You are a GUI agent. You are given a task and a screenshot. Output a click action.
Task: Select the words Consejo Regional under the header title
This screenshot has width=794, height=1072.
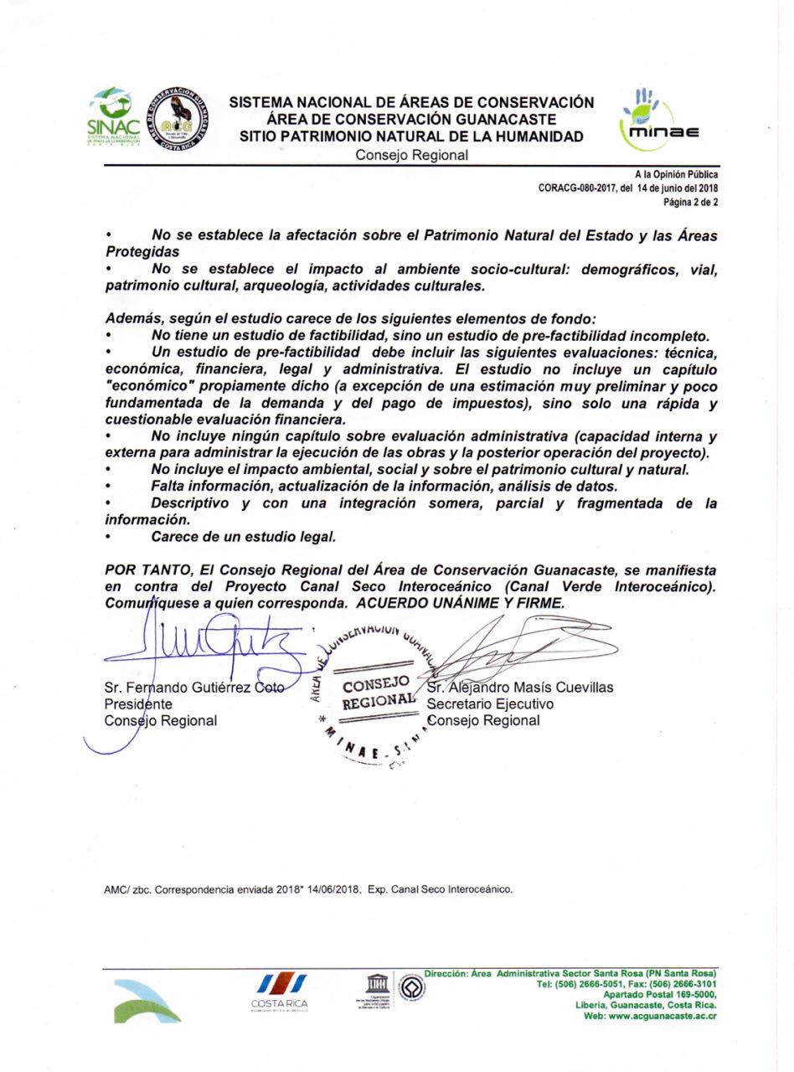(411, 156)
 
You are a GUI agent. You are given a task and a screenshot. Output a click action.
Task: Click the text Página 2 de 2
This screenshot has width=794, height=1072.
(690, 202)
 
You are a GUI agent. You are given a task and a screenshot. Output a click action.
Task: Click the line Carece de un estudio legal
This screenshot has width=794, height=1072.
(244, 536)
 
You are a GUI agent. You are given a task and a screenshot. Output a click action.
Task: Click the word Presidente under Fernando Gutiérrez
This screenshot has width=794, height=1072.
(139, 704)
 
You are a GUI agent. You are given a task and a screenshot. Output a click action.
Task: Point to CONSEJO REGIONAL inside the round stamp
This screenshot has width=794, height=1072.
(379, 693)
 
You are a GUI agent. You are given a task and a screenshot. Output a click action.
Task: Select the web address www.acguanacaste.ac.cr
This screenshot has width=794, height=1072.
(664, 1016)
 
